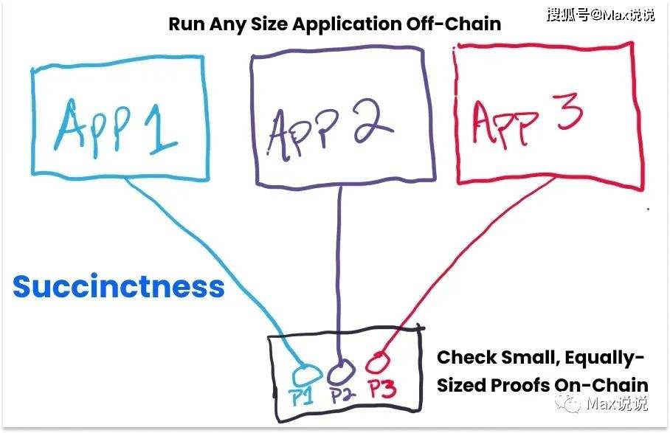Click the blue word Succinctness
click(x=118, y=286)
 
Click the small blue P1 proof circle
click(x=304, y=369)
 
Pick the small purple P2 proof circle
click(x=340, y=367)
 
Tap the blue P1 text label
click(x=302, y=396)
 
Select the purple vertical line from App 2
click(x=339, y=273)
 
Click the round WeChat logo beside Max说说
click(x=568, y=403)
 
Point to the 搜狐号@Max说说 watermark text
click(x=600, y=15)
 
